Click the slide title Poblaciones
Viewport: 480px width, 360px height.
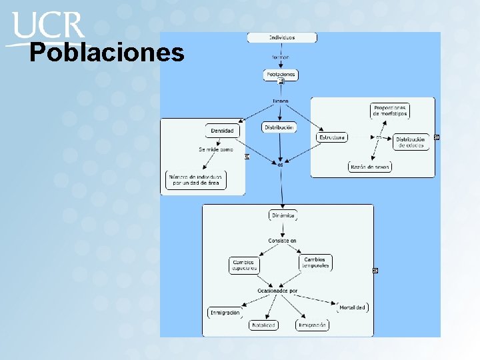tap(107, 53)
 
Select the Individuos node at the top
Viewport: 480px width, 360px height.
tap(281, 37)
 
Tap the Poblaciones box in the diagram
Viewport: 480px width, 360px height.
tap(281, 75)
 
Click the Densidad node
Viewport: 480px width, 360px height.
tap(222, 131)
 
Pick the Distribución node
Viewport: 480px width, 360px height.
tap(279, 127)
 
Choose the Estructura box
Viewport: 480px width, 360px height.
tap(331, 137)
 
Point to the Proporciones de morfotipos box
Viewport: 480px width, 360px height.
tap(390, 111)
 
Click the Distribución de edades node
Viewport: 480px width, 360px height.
tap(411, 142)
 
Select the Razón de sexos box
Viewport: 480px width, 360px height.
tap(370, 167)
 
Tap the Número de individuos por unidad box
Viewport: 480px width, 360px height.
tap(196, 179)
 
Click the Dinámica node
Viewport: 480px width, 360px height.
tap(283, 215)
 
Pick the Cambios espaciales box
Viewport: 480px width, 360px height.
tap(243, 265)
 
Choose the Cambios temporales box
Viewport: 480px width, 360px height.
tap(315, 263)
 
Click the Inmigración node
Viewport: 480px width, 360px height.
tap(225, 312)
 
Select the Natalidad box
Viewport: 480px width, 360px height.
tap(263, 325)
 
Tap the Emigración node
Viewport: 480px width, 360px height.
tap(312, 325)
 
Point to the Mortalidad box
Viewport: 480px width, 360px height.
tap(352, 307)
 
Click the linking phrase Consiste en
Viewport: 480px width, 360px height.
tap(282, 240)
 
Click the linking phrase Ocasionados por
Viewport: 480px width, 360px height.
tap(277, 291)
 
